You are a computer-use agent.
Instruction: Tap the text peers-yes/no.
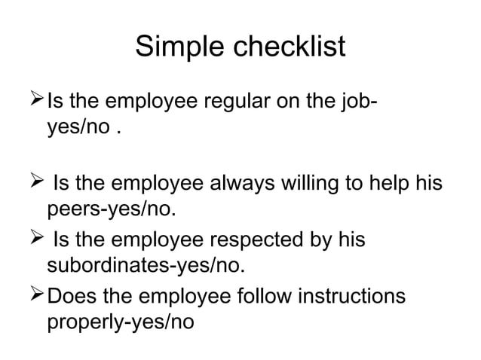pyautogui.click(x=113, y=207)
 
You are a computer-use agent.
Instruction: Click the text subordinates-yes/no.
pyautogui.click(x=147, y=264)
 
